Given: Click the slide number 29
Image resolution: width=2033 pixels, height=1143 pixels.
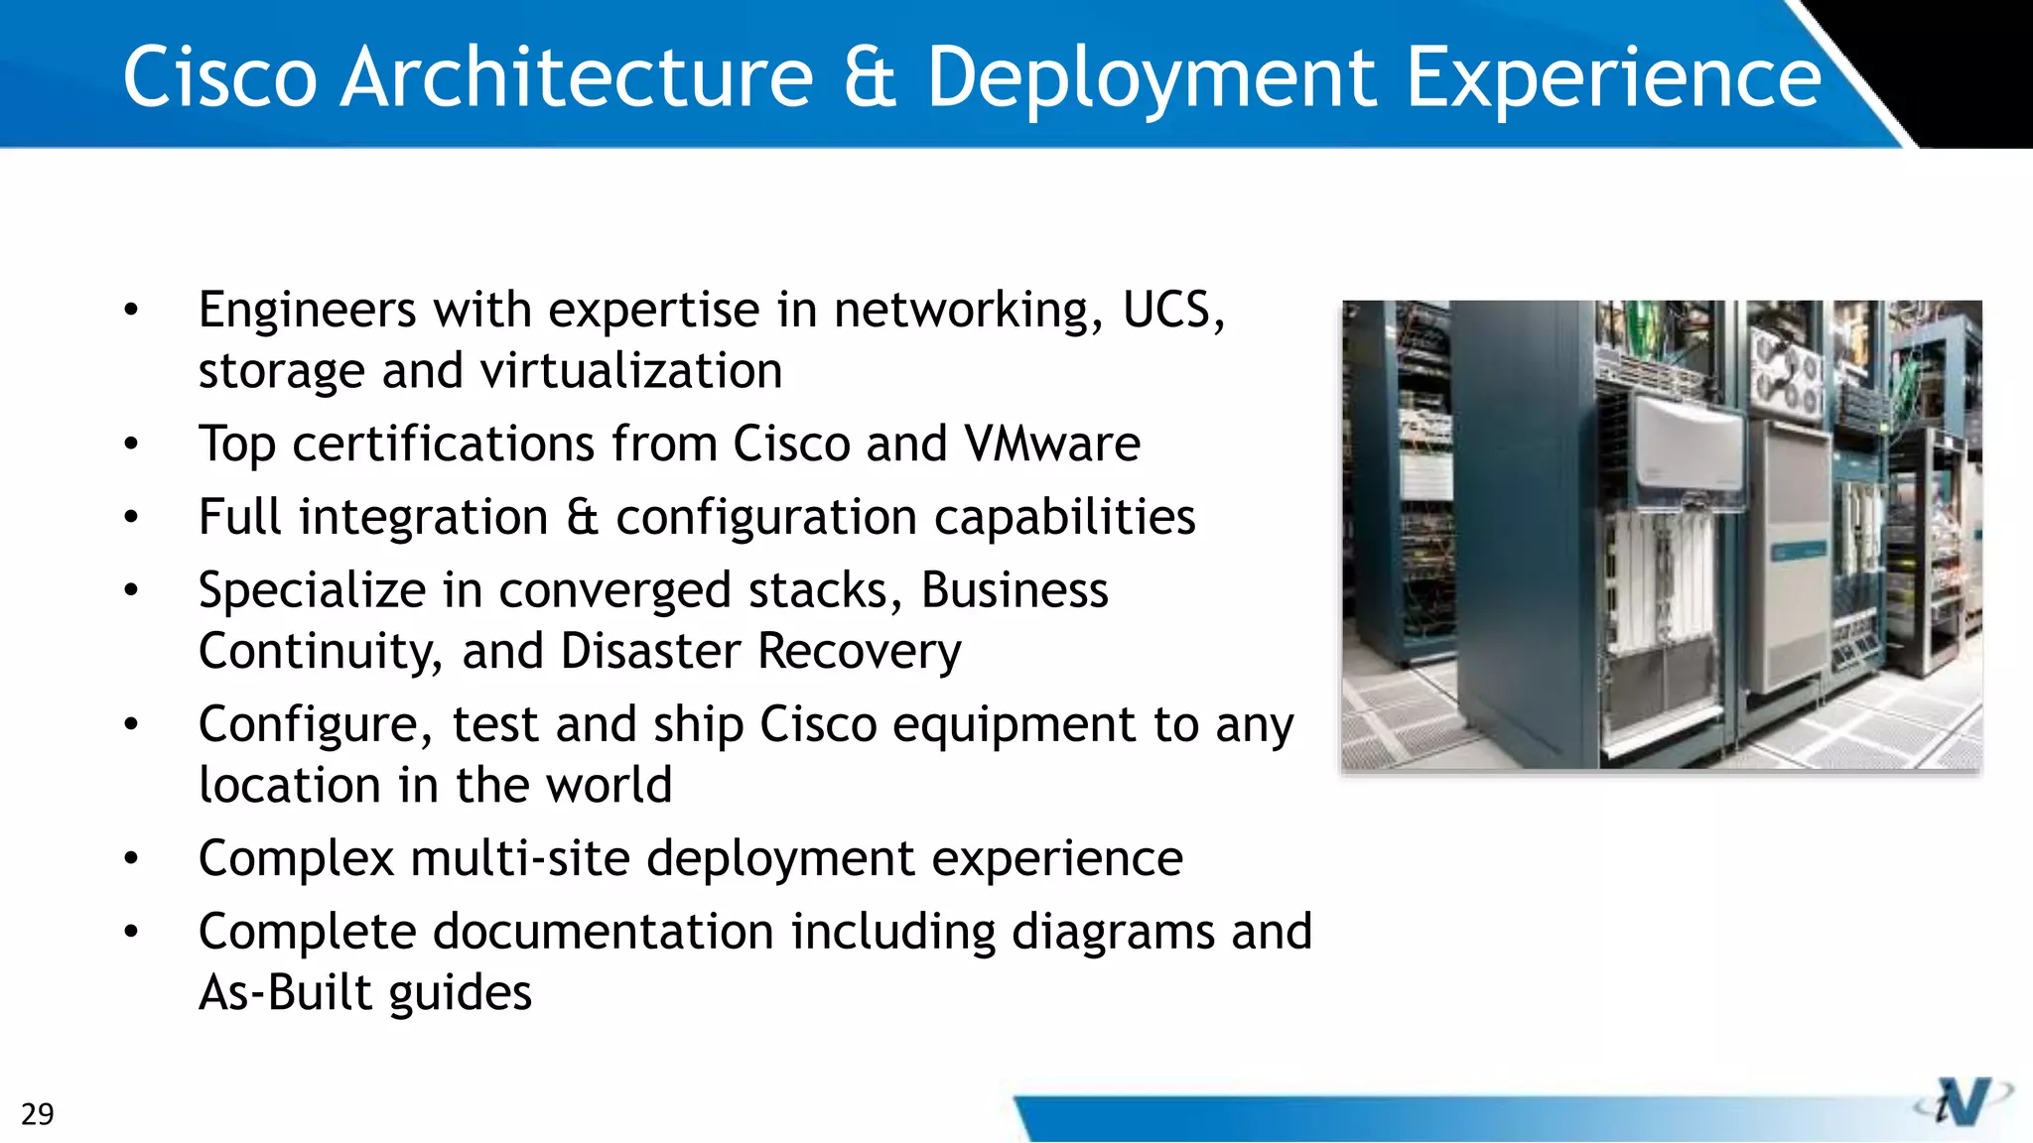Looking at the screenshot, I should (38, 1114).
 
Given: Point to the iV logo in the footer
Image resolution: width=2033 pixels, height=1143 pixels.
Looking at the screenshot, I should (1964, 1101).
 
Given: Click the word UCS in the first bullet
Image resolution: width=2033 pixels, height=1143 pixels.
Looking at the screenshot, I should (1172, 310).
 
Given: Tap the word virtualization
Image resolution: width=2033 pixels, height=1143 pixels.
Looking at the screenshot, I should (631, 371).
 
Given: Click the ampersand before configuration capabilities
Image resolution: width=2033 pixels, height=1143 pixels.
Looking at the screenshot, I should (583, 517).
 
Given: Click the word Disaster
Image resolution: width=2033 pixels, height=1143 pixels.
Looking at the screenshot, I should (650, 652).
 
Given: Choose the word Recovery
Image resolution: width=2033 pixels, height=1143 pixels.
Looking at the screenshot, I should (860, 652).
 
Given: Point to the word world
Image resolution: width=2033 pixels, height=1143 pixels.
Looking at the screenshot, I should (610, 785).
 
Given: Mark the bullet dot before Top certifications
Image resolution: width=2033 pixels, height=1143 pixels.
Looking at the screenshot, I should (131, 444).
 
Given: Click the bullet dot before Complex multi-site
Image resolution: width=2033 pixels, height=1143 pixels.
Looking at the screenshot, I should (131, 859).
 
